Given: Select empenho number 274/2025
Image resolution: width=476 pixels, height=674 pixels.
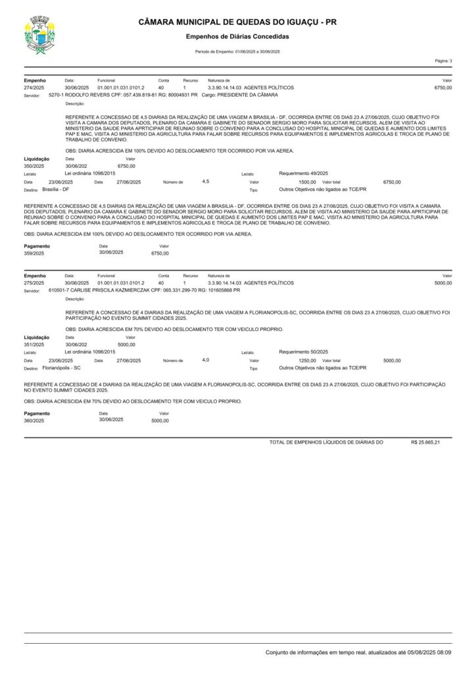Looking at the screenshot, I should (34, 87).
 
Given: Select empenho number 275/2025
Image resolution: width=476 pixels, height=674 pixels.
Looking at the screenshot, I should (34, 282).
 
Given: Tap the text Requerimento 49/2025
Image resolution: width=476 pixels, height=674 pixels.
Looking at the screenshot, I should (304, 172).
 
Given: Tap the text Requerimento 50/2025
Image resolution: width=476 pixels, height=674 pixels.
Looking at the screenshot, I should (304, 352).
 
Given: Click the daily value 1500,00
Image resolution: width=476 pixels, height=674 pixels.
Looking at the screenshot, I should (307, 181).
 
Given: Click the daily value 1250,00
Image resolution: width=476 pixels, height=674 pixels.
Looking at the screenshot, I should (307, 361).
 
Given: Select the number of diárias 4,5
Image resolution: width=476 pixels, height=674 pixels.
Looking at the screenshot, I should (205, 180).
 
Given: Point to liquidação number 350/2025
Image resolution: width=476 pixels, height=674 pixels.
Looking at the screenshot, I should (34, 166).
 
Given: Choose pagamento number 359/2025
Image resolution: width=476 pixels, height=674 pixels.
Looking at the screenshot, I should (34, 252).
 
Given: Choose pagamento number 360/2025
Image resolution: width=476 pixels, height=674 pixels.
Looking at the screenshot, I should (34, 420).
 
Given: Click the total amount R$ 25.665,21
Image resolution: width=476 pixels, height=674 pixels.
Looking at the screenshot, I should (425, 442).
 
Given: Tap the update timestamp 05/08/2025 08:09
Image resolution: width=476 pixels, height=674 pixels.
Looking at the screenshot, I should (429, 652).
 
